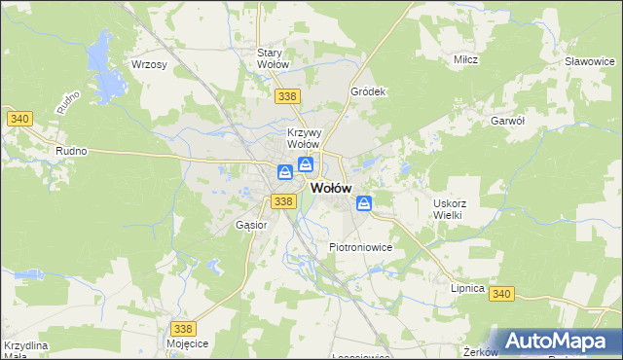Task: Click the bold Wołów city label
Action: (330, 189)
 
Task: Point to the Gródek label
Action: (369, 91)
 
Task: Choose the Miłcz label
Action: (465, 60)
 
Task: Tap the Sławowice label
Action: (591, 60)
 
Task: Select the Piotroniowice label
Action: (360, 247)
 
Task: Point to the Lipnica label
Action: (467, 288)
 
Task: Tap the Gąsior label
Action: (251, 225)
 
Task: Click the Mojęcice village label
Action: (188, 344)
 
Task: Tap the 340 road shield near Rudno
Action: (19, 119)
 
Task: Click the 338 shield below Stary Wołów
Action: (286, 96)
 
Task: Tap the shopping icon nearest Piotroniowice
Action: (363, 203)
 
